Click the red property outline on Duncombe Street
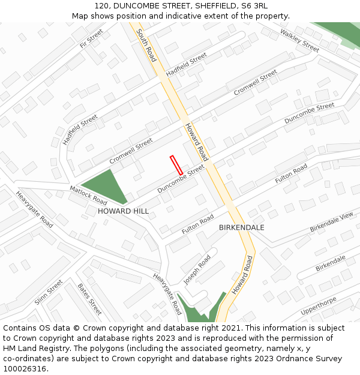[176, 165]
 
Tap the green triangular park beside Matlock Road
[105, 187]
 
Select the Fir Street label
[91, 38]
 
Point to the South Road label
[146, 45]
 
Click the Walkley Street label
[299, 41]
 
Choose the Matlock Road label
[88, 194]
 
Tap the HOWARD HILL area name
[123, 211]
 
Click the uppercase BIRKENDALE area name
[241, 227]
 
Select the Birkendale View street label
[332, 223]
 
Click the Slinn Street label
[49, 292]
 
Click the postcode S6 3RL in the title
[254, 6]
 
